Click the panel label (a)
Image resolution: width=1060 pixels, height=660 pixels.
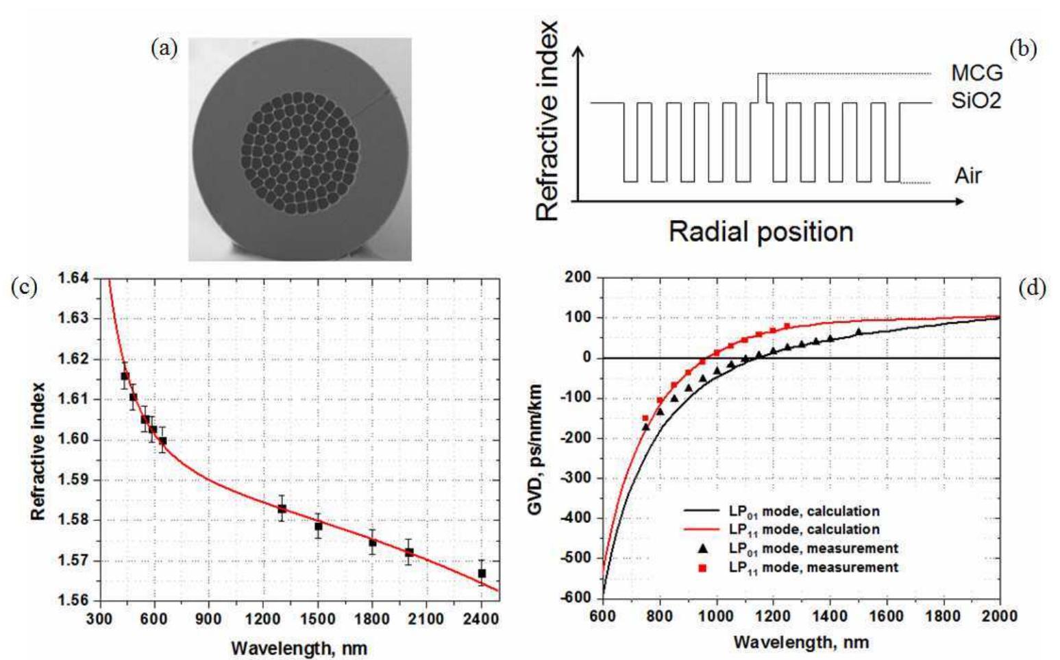164,49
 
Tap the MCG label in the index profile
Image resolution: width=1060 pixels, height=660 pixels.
976,73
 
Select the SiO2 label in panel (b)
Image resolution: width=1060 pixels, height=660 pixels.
976,101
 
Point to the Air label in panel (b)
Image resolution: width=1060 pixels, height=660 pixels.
967,176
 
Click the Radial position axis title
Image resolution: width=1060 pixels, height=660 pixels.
761,232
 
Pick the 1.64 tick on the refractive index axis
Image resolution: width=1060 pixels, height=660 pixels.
73,278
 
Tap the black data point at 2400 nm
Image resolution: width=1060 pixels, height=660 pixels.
482,573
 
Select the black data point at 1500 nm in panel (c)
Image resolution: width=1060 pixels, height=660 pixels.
319,526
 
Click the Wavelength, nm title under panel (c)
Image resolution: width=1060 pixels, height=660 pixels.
299,647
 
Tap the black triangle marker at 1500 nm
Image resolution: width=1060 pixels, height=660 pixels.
858,332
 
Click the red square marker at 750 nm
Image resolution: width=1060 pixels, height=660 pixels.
645,418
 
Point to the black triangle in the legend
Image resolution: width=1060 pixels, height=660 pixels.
702,549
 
